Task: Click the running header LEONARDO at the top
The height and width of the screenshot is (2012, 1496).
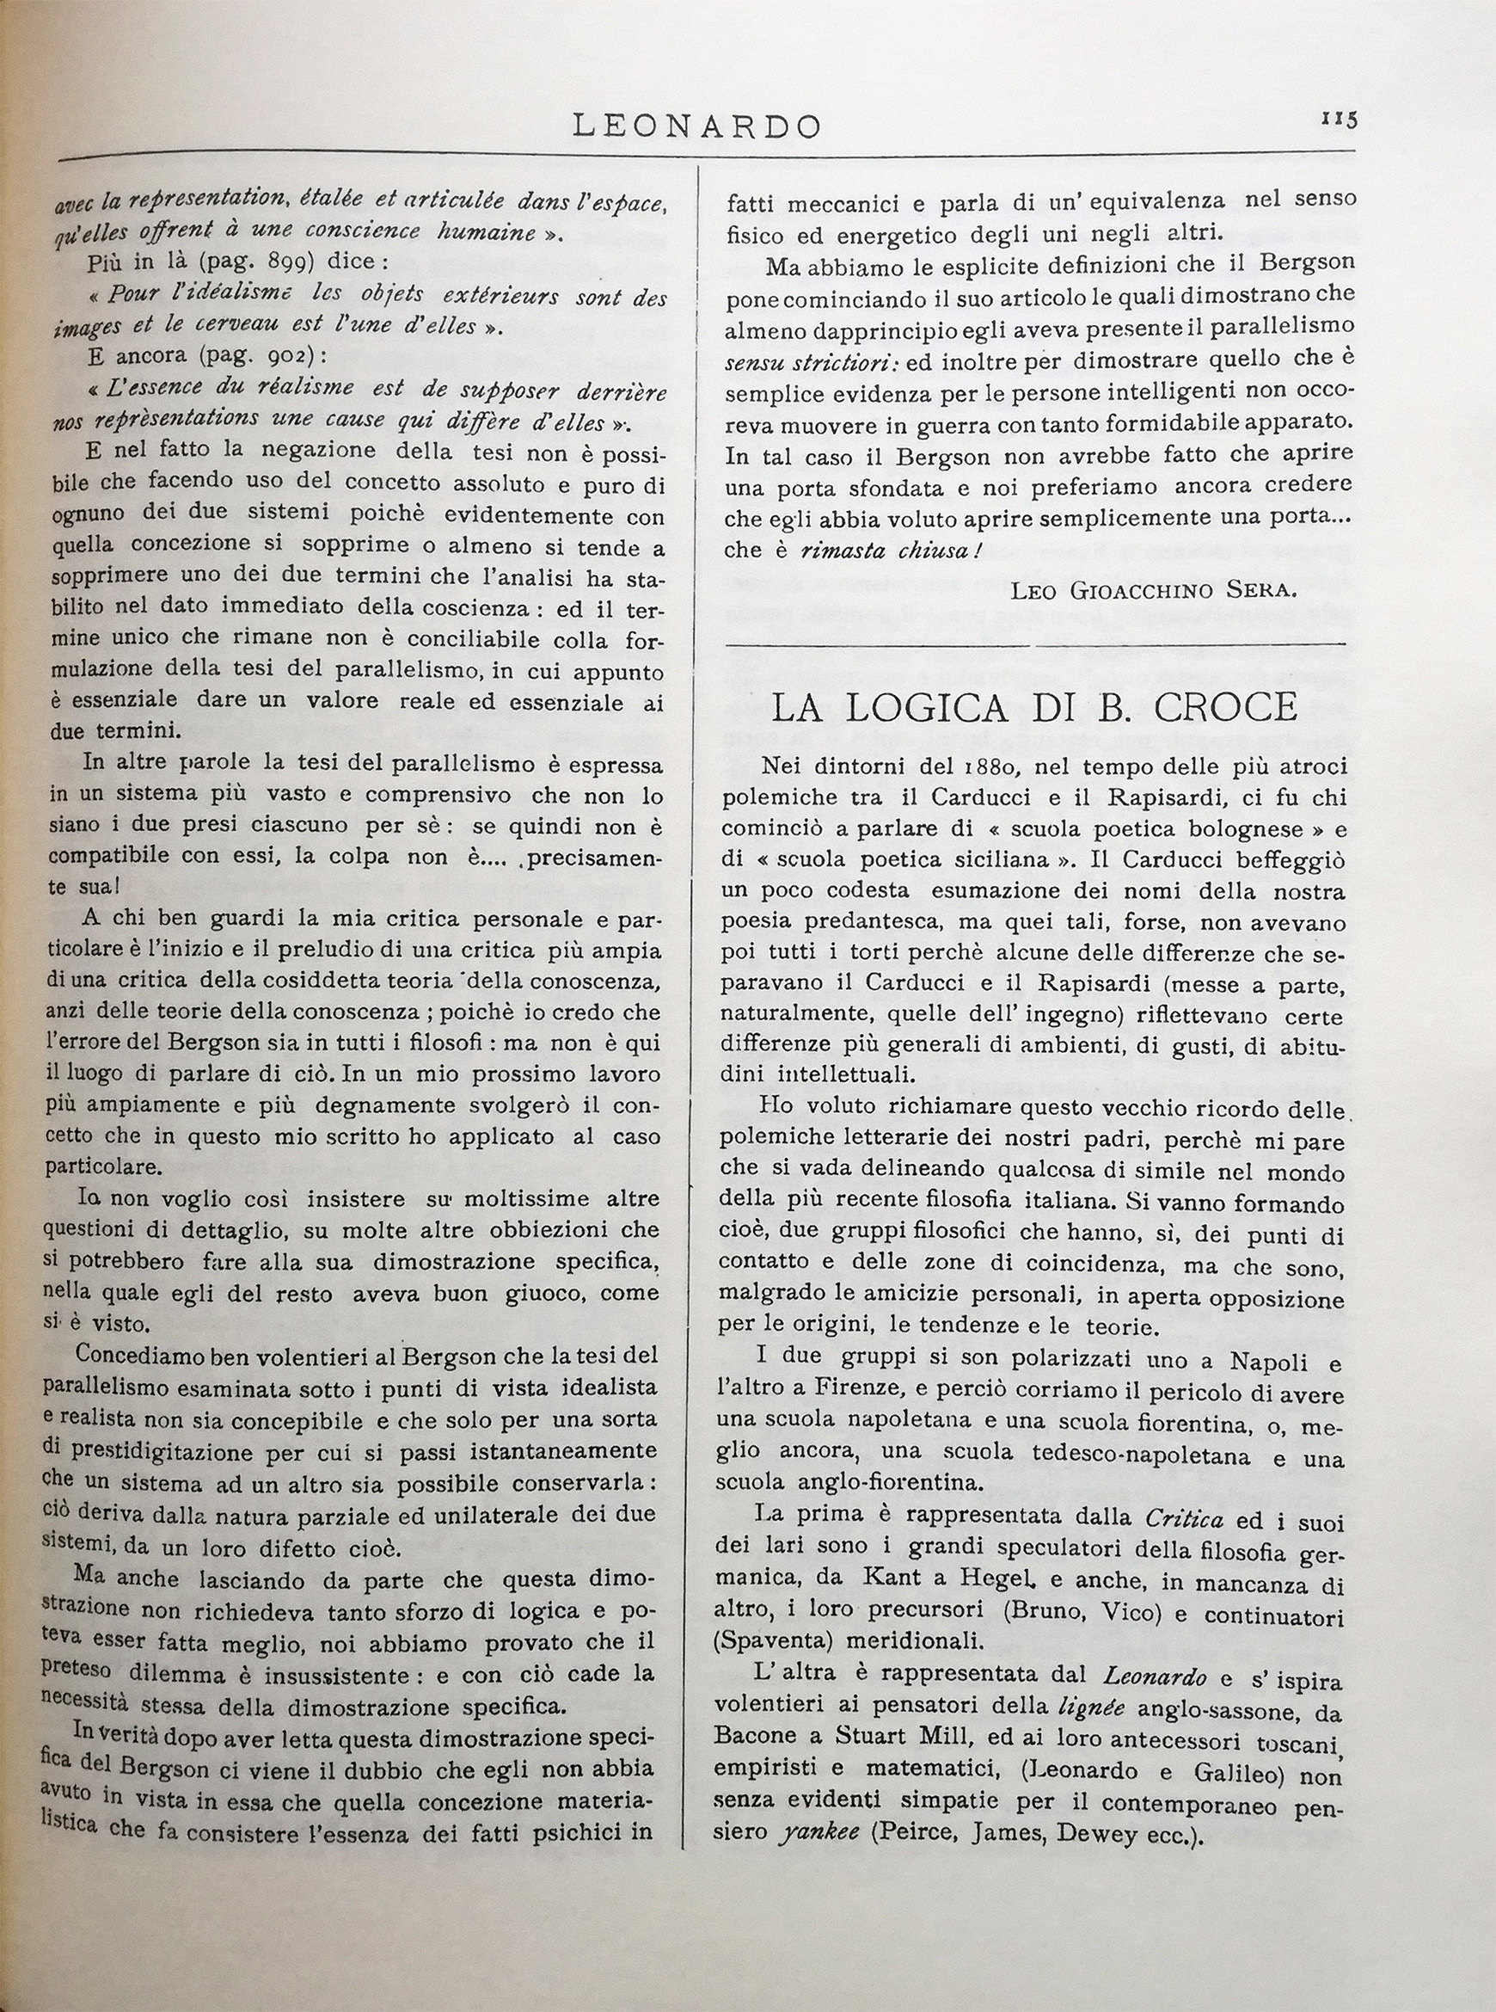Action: click(x=697, y=125)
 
